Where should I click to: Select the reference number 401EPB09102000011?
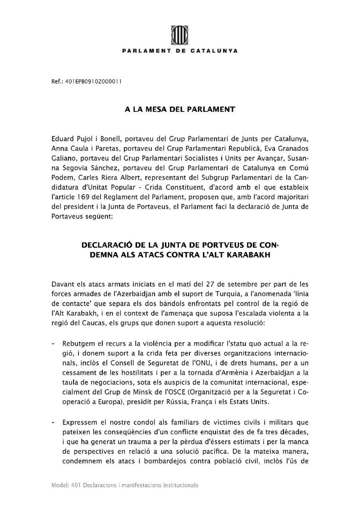click(x=96, y=81)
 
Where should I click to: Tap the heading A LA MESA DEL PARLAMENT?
click(x=180, y=108)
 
